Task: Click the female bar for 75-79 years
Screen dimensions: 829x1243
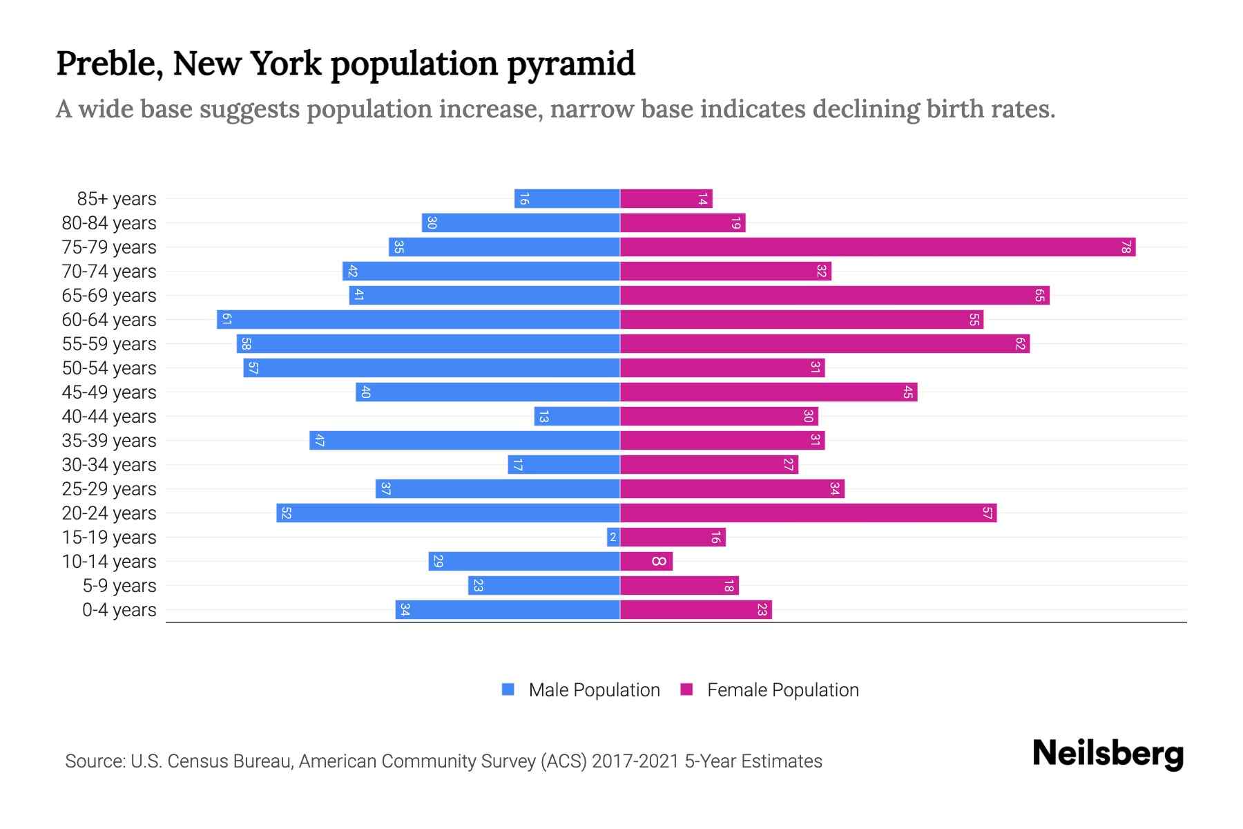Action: point(877,247)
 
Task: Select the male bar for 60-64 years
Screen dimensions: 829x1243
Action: point(418,320)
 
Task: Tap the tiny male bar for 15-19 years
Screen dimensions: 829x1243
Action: point(613,537)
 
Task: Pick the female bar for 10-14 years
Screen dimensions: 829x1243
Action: point(646,562)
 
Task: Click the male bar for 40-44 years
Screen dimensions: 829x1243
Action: point(577,417)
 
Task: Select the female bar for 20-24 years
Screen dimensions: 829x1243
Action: point(808,513)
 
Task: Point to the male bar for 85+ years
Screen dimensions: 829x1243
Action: point(567,199)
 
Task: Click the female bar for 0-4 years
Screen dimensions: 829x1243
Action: point(696,610)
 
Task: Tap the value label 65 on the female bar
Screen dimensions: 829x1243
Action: point(1039,296)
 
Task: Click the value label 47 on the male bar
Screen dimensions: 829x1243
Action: point(319,441)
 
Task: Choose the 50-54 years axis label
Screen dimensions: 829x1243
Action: point(109,368)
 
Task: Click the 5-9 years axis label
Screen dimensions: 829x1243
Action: point(119,586)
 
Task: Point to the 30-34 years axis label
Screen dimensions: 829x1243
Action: point(109,465)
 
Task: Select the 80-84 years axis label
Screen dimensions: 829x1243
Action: point(109,223)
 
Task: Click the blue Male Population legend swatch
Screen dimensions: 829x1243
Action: point(508,689)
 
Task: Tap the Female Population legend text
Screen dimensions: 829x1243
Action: point(782,690)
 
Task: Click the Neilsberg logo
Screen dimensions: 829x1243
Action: point(1108,754)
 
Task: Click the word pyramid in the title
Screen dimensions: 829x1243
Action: point(570,64)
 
